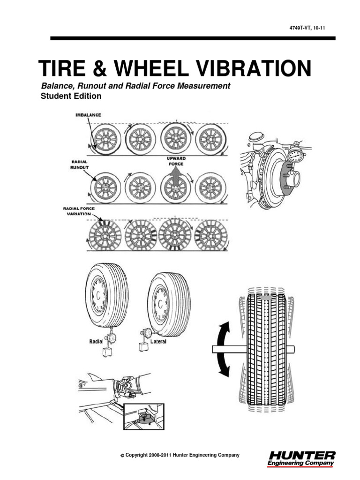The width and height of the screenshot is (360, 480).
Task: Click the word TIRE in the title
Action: (61, 68)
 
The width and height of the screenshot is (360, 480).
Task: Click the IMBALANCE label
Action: (88, 115)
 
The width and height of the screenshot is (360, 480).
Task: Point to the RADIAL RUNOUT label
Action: (79, 164)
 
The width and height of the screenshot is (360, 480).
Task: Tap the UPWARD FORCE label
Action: (176, 162)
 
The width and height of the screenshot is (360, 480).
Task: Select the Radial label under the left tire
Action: (97, 342)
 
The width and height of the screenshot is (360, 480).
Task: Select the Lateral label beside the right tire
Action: (158, 342)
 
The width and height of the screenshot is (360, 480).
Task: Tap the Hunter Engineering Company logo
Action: (301, 458)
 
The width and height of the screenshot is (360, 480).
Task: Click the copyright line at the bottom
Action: (180, 455)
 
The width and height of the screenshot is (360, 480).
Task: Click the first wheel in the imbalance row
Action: (104, 139)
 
